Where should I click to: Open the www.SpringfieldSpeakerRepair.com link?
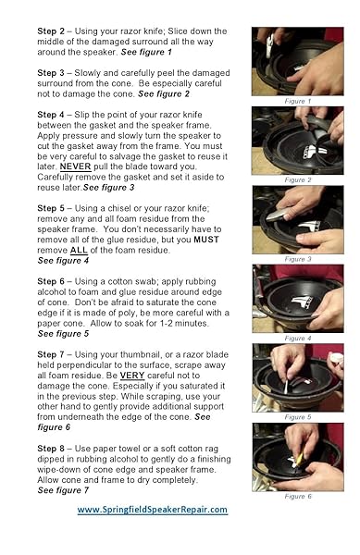click(152, 510)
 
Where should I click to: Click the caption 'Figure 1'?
click(297, 101)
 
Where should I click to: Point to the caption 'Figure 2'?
click(297, 179)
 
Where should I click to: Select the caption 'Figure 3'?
click(297, 259)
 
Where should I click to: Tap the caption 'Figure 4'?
click(297, 339)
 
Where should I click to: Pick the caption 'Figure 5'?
click(297, 417)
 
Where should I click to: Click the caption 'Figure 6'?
click(297, 497)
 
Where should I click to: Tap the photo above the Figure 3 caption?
click(297, 219)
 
